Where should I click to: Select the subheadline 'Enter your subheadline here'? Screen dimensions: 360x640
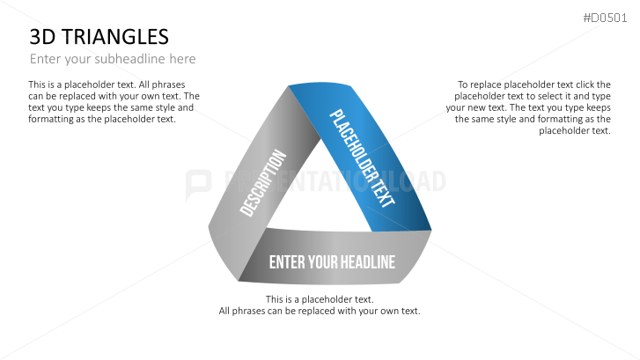[x=113, y=59]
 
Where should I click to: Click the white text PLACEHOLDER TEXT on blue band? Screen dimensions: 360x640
[x=362, y=158]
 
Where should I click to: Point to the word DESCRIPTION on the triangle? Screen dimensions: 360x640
[x=264, y=183]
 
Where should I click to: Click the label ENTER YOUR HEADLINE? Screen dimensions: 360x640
[x=332, y=262]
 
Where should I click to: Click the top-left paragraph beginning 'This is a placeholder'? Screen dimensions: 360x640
[x=102, y=102]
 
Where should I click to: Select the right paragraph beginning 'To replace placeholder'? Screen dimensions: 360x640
[x=528, y=107]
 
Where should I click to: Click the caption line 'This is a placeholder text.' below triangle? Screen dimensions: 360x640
[x=320, y=299]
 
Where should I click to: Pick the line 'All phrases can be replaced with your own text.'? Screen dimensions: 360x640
[x=320, y=311]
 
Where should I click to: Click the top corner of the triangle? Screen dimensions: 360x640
[x=291, y=88]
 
